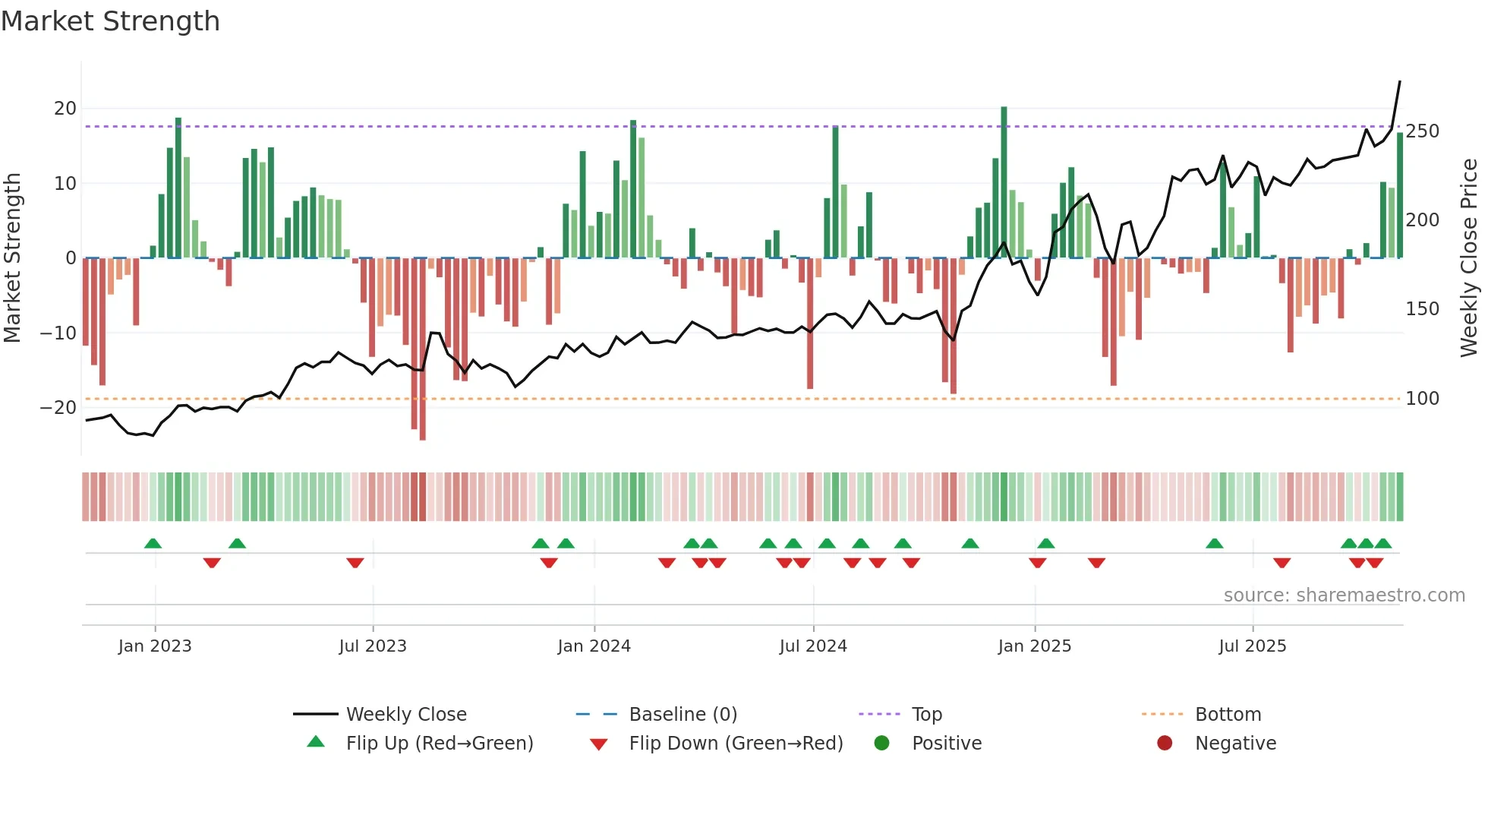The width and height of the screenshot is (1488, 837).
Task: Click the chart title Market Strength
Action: coord(110,21)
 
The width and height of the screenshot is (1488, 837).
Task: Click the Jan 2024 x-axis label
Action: coord(594,646)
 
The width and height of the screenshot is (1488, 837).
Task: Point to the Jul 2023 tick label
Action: coord(373,646)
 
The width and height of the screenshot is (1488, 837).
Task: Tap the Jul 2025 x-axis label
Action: coord(1252,646)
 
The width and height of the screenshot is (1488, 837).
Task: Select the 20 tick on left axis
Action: coord(65,108)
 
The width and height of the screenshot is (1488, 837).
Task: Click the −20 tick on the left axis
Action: coord(58,407)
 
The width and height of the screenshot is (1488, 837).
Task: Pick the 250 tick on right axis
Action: coord(1422,131)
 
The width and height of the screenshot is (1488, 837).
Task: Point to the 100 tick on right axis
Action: coord(1422,398)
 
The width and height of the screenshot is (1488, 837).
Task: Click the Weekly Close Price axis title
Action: coord(1469,257)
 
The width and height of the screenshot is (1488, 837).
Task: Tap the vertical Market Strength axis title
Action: coord(13,257)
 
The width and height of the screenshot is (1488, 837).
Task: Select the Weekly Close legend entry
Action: coord(405,714)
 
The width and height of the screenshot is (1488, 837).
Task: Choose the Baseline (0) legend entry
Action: coord(683,714)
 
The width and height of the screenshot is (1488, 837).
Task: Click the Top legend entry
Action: coord(926,714)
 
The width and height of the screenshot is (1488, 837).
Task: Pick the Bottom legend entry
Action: coord(1228,714)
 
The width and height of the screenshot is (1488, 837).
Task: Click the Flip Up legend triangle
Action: coord(316,742)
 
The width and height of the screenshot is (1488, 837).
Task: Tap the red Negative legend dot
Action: coord(1165,743)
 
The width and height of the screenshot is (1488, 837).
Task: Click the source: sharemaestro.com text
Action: coord(1344,595)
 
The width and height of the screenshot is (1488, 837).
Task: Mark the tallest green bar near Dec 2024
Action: coord(1004,182)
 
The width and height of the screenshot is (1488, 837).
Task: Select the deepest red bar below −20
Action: coord(423,349)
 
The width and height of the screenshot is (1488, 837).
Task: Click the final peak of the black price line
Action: coord(1399,82)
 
